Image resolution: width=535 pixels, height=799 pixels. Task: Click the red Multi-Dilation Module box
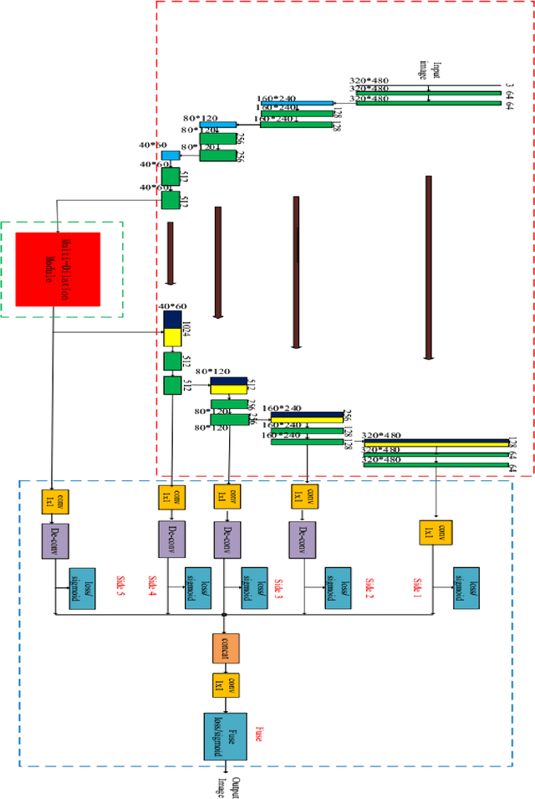[x=58, y=269]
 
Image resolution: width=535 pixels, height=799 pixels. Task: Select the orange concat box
[x=226, y=648]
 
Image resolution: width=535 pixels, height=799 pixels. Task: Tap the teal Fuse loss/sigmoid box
[x=226, y=736]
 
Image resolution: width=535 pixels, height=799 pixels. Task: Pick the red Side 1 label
[x=417, y=585]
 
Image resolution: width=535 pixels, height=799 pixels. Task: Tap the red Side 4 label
[x=151, y=586]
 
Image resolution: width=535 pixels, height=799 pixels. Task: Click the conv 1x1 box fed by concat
[x=226, y=686]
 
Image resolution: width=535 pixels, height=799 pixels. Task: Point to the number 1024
[x=186, y=328]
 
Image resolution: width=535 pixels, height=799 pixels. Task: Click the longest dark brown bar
[x=428, y=267]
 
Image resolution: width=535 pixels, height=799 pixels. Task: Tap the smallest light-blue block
[x=171, y=156]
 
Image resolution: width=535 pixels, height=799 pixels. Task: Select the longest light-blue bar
[x=296, y=104]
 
